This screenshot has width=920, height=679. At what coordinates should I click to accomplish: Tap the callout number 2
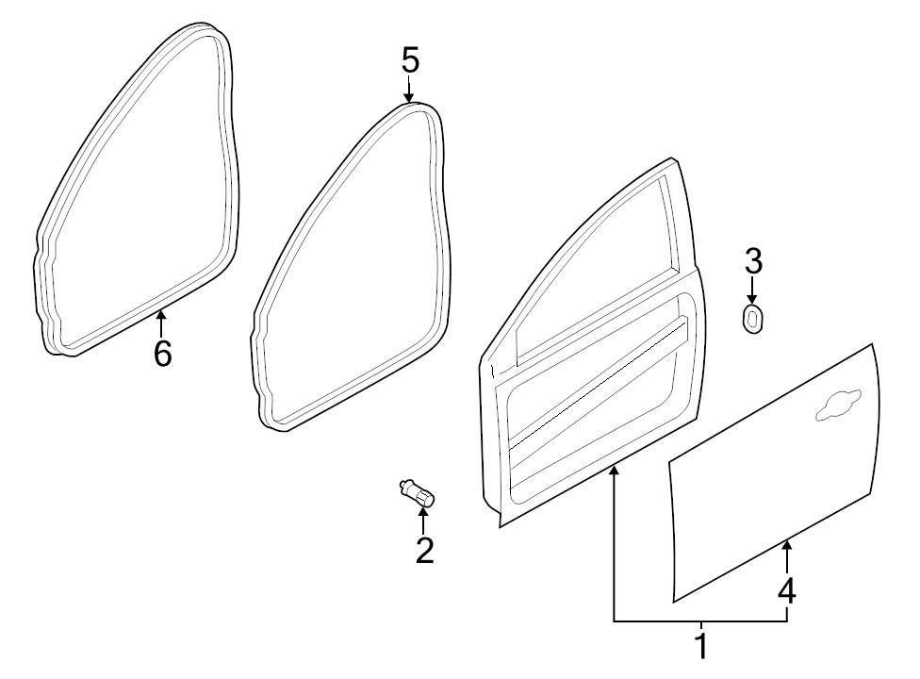coord(424,551)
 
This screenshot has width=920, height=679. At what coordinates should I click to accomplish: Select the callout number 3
coord(753,261)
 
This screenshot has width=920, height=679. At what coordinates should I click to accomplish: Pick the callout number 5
coord(411,60)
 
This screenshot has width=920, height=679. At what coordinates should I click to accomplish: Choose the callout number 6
coord(162,354)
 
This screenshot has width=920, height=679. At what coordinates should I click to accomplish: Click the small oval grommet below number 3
coord(752,319)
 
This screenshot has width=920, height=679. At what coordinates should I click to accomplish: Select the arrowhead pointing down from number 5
coord(408,97)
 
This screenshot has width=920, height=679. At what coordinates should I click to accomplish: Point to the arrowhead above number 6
coord(160,315)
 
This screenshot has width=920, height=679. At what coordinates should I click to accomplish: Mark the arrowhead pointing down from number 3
coord(753,298)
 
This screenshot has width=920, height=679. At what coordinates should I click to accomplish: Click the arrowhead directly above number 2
coord(422,512)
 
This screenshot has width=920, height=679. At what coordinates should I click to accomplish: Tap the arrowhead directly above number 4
coord(787,547)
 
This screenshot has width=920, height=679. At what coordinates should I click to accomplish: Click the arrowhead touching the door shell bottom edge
coord(614,471)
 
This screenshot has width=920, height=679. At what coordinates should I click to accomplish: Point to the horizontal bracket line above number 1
coord(700,621)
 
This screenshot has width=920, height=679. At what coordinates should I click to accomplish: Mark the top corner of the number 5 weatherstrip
coord(418,104)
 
